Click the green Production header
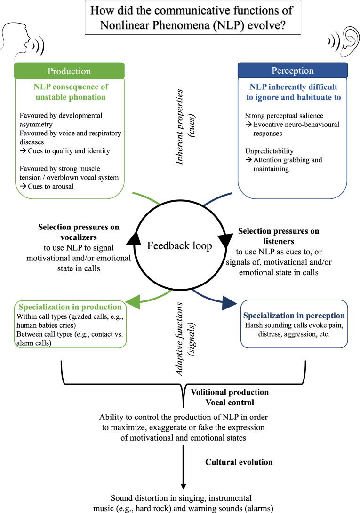point(70,71)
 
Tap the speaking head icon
point(21,38)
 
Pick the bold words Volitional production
point(229,391)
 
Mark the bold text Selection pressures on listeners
point(278,236)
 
